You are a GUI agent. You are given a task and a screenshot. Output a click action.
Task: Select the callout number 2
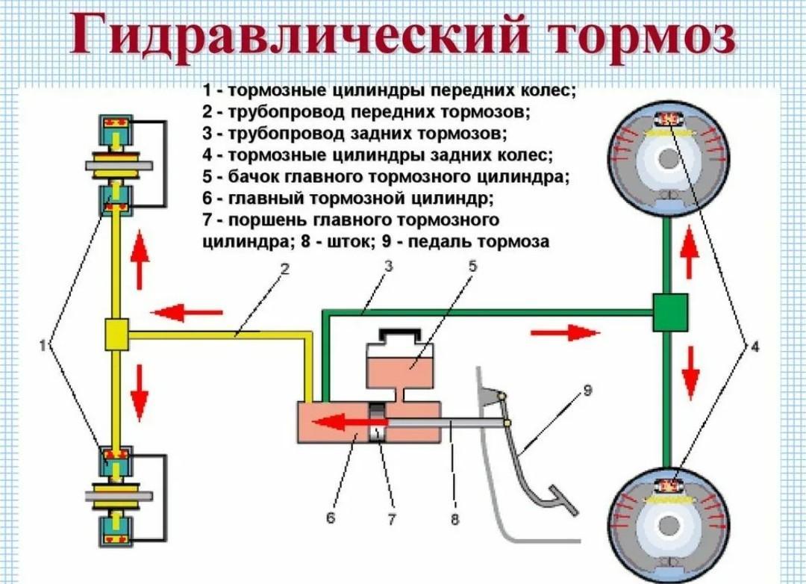pos(284,271)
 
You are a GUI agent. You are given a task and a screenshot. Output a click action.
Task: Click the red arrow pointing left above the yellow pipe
pos(186,311)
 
